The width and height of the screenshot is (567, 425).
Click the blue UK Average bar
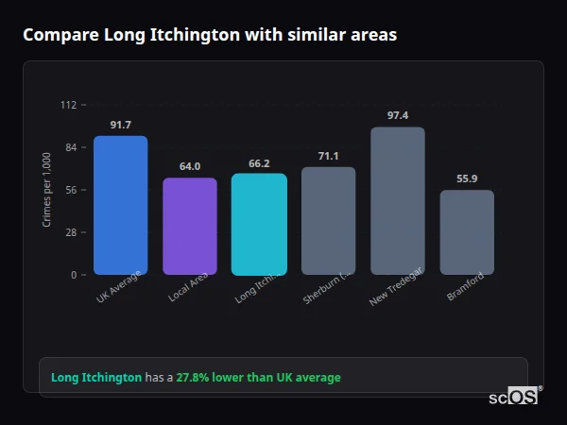click(x=120, y=205)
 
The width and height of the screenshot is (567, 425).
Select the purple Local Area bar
click(x=189, y=226)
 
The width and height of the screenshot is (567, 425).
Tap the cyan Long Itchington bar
click(x=259, y=224)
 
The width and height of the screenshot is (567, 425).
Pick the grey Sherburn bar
click(x=328, y=220)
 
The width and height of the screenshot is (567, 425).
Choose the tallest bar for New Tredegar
click(x=398, y=200)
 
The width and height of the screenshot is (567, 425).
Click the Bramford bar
click(x=467, y=232)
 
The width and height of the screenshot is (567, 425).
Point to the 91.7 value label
click(x=120, y=125)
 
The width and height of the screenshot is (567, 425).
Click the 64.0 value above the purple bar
click(x=189, y=166)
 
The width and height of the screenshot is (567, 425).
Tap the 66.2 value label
click(x=259, y=163)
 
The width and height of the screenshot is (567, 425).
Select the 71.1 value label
click(x=328, y=156)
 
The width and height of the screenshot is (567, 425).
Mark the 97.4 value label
click(x=398, y=115)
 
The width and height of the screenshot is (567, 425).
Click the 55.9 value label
click(x=467, y=178)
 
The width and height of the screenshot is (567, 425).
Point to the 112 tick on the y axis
click(x=68, y=105)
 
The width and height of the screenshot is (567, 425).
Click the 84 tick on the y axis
click(x=71, y=147)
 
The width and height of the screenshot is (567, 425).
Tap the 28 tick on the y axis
click(x=71, y=232)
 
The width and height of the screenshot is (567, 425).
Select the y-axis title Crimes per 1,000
click(x=46, y=190)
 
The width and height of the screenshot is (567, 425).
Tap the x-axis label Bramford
click(x=466, y=286)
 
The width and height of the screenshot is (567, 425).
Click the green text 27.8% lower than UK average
click(x=258, y=378)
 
